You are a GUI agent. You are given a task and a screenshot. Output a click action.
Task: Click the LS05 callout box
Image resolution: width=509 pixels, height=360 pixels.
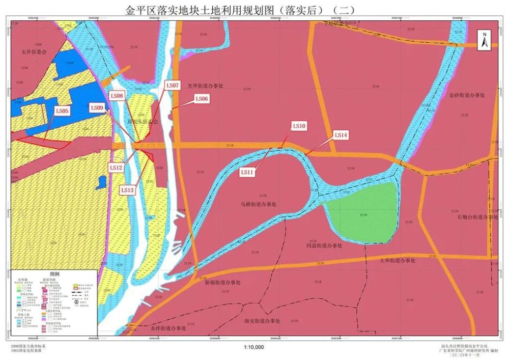click(63, 110)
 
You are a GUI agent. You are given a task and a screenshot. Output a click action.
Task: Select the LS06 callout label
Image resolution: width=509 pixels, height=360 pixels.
click(202, 99)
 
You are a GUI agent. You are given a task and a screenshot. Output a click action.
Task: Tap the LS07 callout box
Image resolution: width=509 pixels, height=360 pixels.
click(173, 86)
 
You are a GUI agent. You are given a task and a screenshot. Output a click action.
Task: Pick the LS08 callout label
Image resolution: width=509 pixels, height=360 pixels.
click(117, 96)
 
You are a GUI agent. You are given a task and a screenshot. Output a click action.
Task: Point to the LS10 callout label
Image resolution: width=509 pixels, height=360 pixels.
click(299, 126)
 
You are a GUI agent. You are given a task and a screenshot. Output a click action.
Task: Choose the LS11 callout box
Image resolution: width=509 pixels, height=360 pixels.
click(247, 173)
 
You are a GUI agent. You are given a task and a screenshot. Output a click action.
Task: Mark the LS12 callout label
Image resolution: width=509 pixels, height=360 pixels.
click(116, 167)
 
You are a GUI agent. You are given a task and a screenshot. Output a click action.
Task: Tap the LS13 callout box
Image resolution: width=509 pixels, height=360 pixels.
click(127, 190)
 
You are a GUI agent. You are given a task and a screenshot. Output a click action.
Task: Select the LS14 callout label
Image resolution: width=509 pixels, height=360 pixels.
click(341, 135)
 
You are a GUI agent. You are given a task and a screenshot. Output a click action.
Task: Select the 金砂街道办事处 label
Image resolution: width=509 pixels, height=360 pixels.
click(468, 95)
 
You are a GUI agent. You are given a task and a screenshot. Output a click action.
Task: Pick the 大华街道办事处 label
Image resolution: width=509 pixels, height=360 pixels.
click(398, 260)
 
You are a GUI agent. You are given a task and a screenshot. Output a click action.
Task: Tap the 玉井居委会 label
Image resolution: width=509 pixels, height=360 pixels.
click(34, 52)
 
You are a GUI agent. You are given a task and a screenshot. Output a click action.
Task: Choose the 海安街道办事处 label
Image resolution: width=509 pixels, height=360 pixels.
click(263, 321)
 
